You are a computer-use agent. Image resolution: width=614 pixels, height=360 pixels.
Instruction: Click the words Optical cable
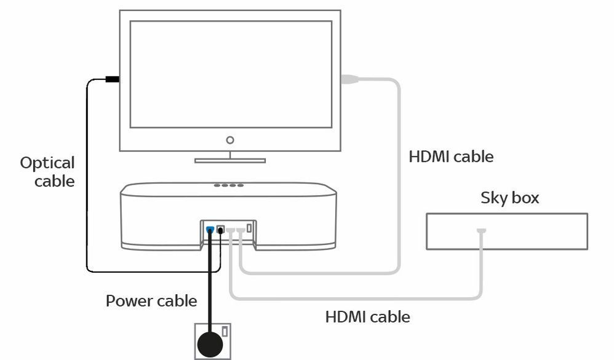point(47,172)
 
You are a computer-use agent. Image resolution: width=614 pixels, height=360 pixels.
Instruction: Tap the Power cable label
point(151,301)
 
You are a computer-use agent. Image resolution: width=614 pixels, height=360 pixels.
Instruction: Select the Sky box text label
point(509,198)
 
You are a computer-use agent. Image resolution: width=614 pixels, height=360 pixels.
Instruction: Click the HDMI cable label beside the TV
point(451,156)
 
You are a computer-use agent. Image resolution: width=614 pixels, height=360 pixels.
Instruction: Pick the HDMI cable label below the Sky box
point(367,317)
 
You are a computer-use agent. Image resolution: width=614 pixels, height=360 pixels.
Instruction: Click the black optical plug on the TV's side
point(112,79)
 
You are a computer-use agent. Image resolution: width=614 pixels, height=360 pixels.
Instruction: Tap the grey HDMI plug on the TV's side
point(349,79)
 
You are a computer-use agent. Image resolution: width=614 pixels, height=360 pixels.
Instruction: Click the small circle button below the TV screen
point(230,140)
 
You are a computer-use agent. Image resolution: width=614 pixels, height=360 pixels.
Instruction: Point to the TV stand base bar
point(230,161)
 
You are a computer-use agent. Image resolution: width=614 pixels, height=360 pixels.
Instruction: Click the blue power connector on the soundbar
point(210,230)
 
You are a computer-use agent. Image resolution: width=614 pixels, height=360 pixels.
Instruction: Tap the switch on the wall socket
point(225,332)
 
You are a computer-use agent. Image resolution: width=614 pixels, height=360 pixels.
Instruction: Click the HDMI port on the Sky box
point(481,231)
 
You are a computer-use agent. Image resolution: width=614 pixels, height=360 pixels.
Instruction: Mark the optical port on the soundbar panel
point(220,230)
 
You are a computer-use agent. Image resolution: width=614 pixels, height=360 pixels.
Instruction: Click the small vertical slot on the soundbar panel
point(249,228)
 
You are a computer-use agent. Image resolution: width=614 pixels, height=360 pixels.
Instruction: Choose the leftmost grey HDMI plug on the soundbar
point(230,230)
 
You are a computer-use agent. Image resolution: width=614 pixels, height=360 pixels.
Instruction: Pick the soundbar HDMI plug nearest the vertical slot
point(240,230)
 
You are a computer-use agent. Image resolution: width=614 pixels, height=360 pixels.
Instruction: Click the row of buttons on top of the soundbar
point(228,185)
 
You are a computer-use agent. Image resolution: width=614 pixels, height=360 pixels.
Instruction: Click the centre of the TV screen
point(230,74)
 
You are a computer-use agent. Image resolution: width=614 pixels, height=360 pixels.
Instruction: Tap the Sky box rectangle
point(507,231)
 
